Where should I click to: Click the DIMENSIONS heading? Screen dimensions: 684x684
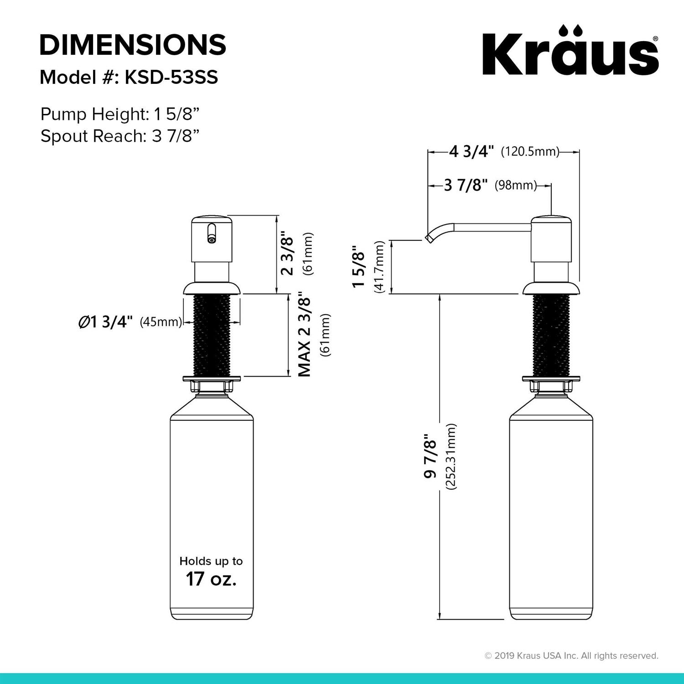[x=133, y=45]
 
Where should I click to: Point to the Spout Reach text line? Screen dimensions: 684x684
[x=120, y=136]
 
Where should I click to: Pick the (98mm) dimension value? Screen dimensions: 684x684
[x=516, y=186]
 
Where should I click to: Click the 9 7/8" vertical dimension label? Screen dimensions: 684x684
[x=430, y=456]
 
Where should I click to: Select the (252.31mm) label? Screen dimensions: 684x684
[x=451, y=456]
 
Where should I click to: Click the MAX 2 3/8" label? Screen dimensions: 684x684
[x=304, y=335]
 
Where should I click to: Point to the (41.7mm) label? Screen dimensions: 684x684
[x=379, y=266]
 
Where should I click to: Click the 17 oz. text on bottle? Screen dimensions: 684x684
[x=211, y=579]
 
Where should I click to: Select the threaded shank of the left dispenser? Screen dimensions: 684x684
[x=211, y=335]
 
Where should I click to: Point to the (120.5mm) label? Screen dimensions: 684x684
[x=530, y=151]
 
